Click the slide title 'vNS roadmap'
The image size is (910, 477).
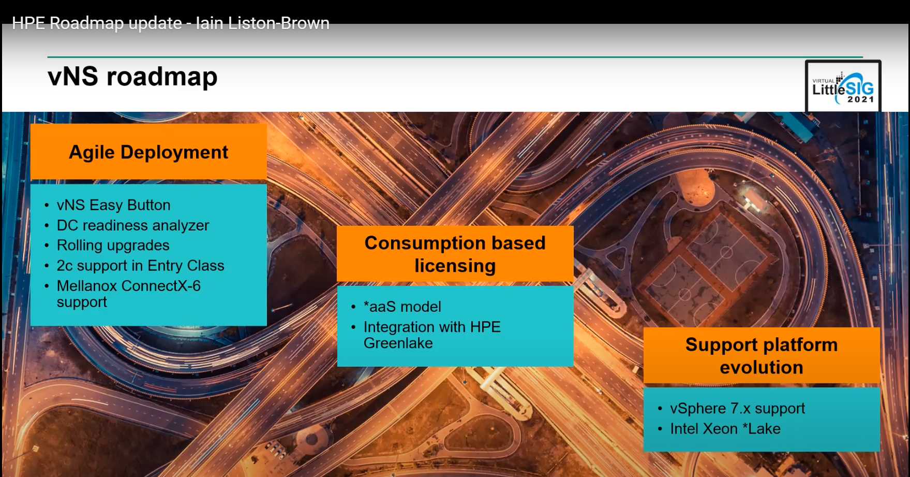pos(132,77)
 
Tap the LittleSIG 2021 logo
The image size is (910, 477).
pos(843,86)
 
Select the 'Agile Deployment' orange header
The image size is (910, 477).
pos(148,152)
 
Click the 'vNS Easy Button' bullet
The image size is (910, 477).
pos(113,205)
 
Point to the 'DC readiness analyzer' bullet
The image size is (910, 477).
pos(133,225)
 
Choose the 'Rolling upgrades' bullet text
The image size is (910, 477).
pos(113,245)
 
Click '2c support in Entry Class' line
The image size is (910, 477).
pos(141,266)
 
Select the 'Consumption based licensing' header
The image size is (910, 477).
pos(455,254)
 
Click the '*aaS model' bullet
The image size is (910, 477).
pos(402,307)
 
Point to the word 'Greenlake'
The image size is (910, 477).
pos(398,343)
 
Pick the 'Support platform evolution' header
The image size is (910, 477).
pos(762,356)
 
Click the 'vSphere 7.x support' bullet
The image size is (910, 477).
pos(738,409)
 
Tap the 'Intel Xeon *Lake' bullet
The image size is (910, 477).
pos(725,429)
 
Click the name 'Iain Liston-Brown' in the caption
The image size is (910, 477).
pos(263,23)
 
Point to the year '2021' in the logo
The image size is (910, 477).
pos(860,99)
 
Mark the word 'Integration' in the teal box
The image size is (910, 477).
pos(400,327)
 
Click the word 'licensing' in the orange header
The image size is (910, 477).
pos(455,266)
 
